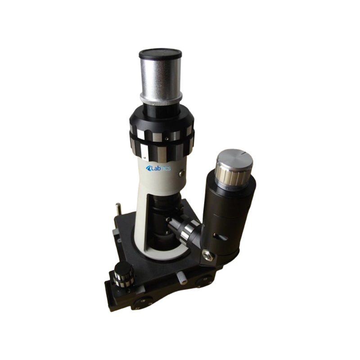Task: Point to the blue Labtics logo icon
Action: (148, 169)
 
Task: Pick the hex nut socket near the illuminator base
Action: (207, 255)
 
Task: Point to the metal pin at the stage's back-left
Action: (118, 209)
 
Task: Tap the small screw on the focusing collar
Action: (170, 134)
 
